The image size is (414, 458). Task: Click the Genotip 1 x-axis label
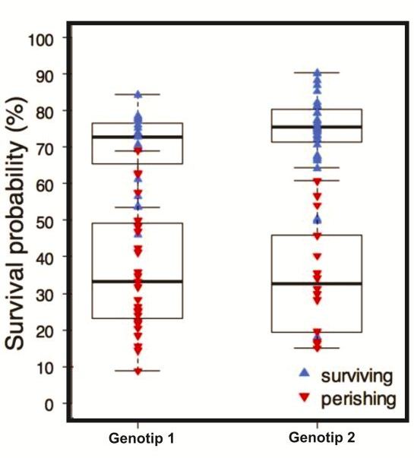click(x=137, y=439)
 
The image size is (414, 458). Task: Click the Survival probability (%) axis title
click(x=21, y=220)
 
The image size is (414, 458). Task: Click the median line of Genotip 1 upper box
click(x=137, y=137)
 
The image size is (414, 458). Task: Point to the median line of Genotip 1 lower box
click(x=137, y=281)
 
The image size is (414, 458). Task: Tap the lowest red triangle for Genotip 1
click(x=138, y=371)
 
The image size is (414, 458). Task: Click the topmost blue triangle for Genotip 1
click(x=138, y=95)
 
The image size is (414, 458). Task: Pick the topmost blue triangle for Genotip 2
click(x=317, y=73)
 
